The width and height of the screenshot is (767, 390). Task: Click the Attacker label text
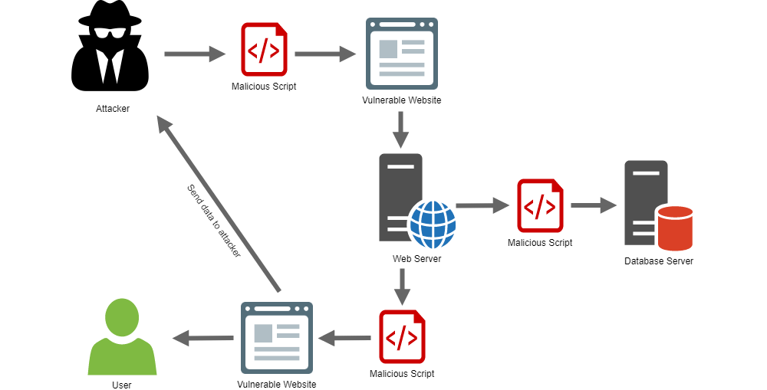pyautogui.click(x=113, y=109)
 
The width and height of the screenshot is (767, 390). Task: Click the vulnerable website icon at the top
pyautogui.click(x=401, y=54)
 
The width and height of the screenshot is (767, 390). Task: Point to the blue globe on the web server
pyautogui.click(x=433, y=223)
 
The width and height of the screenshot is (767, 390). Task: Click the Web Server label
pyautogui.click(x=417, y=259)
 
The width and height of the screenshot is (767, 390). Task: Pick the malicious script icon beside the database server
pyautogui.click(x=540, y=205)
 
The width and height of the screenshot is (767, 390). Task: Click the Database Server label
pyautogui.click(x=658, y=261)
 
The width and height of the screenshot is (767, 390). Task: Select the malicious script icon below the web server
pyautogui.click(x=402, y=337)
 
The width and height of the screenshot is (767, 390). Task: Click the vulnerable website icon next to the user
pyautogui.click(x=276, y=337)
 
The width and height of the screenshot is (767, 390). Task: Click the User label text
pyautogui.click(x=122, y=385)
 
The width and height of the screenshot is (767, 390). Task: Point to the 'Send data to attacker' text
pyautogui.click(x=214, y=221)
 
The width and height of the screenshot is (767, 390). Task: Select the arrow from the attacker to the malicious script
pyautogui.click(x=196, y=54)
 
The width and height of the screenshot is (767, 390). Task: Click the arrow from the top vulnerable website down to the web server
pyautogui.click(x=400, y=129)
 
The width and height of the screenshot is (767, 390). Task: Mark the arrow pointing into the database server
pyautogui.click(x=594, y=205)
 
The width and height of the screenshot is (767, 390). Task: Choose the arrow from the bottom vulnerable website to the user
pyautogui.click(x=202, y=337)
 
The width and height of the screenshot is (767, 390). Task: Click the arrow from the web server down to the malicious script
pyautogui.click(x=400, y=287)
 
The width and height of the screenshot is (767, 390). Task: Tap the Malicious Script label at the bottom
pyautogui.click(x=402, y=374)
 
